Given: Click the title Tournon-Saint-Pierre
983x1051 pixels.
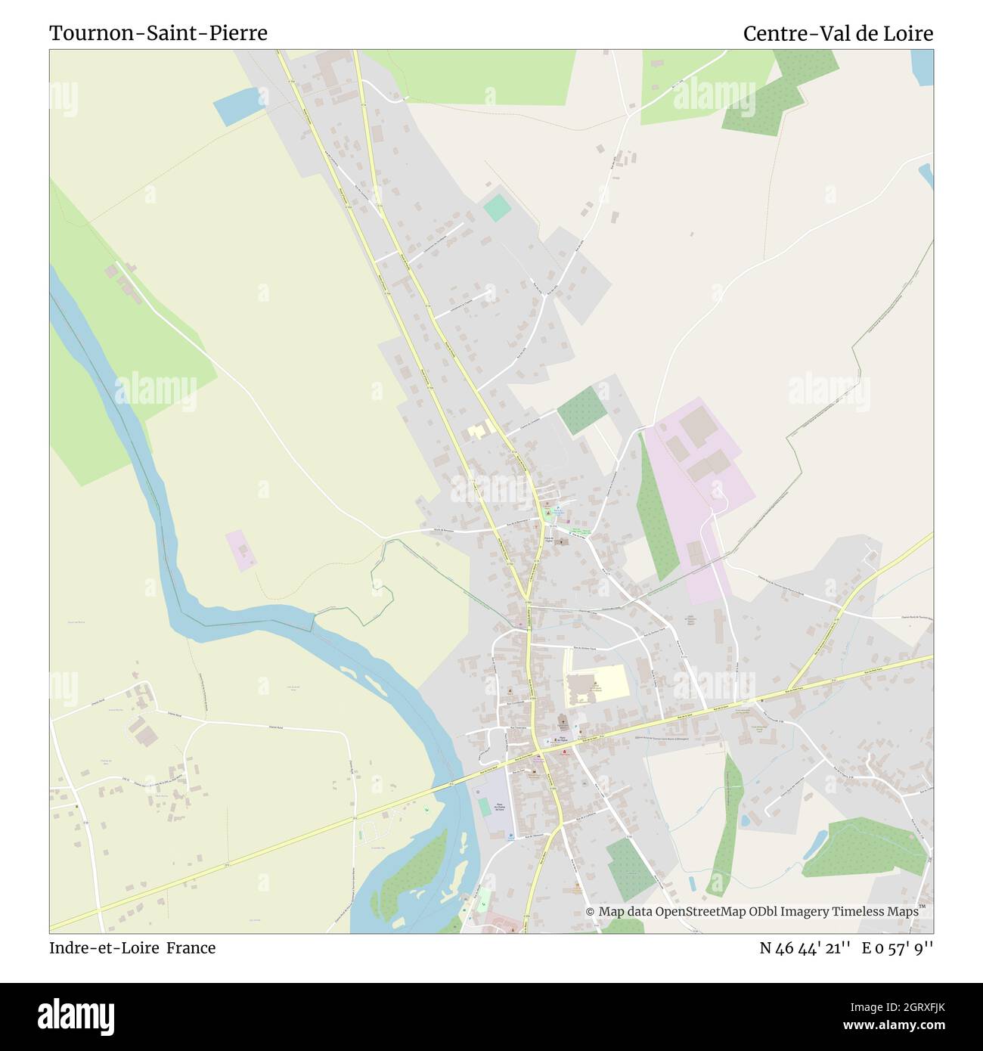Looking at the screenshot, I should pyautogui.click(x=158, y=33).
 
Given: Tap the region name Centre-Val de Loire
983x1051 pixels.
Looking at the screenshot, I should pyautogui.click(x=838, y=33).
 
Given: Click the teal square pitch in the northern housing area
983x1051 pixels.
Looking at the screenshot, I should pyautogui.click(x=497, y=208).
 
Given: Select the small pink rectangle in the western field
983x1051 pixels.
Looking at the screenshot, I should pyautogui.click(x=240, y=550).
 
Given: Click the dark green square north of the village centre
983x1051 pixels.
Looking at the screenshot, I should pyautogui.click(x=582, y=410).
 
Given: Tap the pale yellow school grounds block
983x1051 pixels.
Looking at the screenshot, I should pyautogui.click(x=597, y=684).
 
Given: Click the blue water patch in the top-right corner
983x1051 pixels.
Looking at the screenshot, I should pyautogui.click(x=923, y=67).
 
